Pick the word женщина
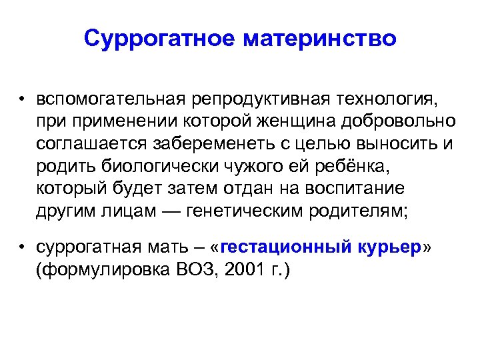(x=306, y=122)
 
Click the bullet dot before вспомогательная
(x=22, y=100)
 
